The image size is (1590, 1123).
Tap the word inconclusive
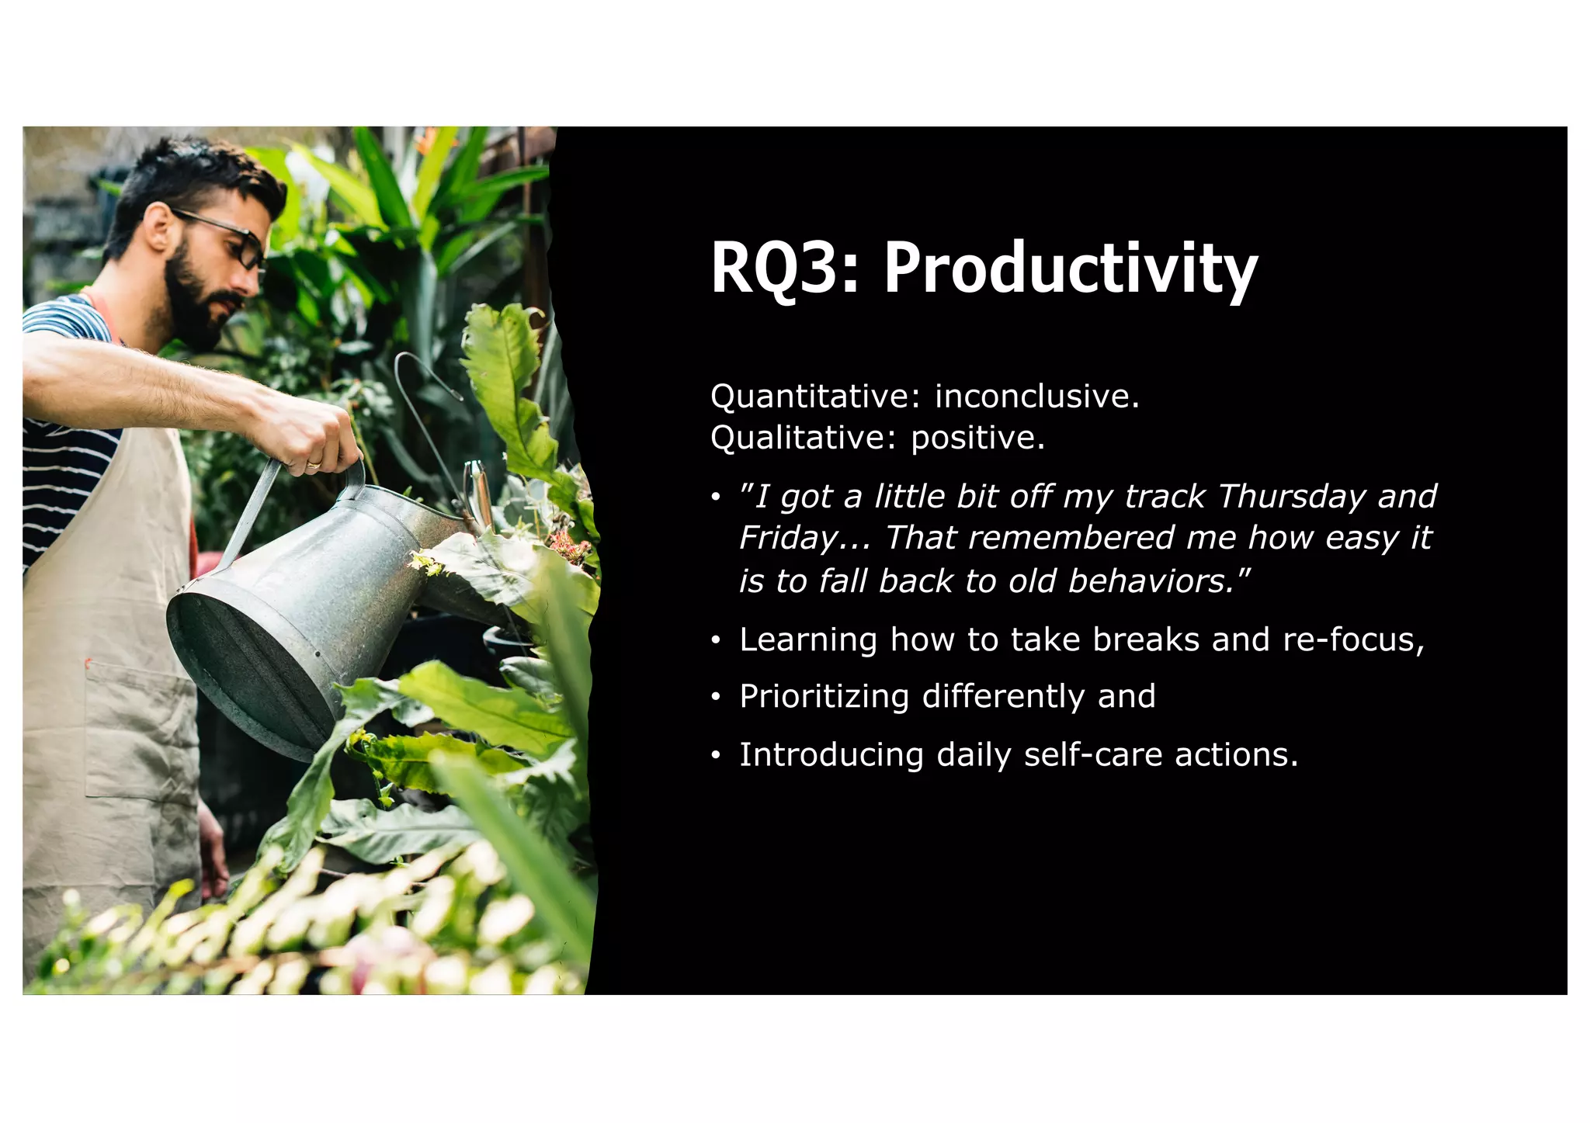point(1036,397)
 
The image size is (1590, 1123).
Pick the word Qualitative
point(798,438)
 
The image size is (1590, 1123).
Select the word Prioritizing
point(824,697)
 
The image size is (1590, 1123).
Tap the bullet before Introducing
point(716,755)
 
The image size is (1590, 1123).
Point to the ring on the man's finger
point(313,464)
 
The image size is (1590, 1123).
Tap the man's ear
point(159,229)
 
